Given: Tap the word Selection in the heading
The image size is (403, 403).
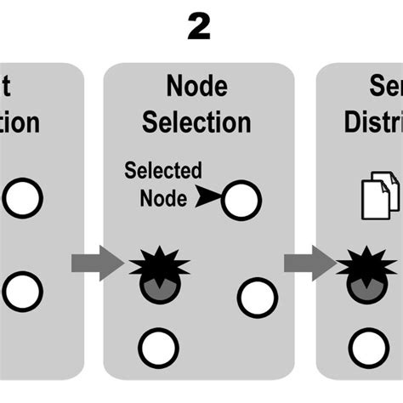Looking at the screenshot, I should pos(197,122).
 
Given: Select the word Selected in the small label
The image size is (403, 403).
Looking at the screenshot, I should pos(163,170).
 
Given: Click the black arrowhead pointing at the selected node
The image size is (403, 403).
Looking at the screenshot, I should pos(209,199).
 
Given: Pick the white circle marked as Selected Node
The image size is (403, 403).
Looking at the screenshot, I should pos(241,200).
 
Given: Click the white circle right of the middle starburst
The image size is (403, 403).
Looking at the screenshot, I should pos(257,297).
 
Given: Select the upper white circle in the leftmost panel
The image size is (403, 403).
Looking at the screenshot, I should pos(22,199).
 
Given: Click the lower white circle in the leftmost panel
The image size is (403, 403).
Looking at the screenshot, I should pos(22,290).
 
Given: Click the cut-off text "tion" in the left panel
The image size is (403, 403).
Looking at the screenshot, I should pos(20,122).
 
